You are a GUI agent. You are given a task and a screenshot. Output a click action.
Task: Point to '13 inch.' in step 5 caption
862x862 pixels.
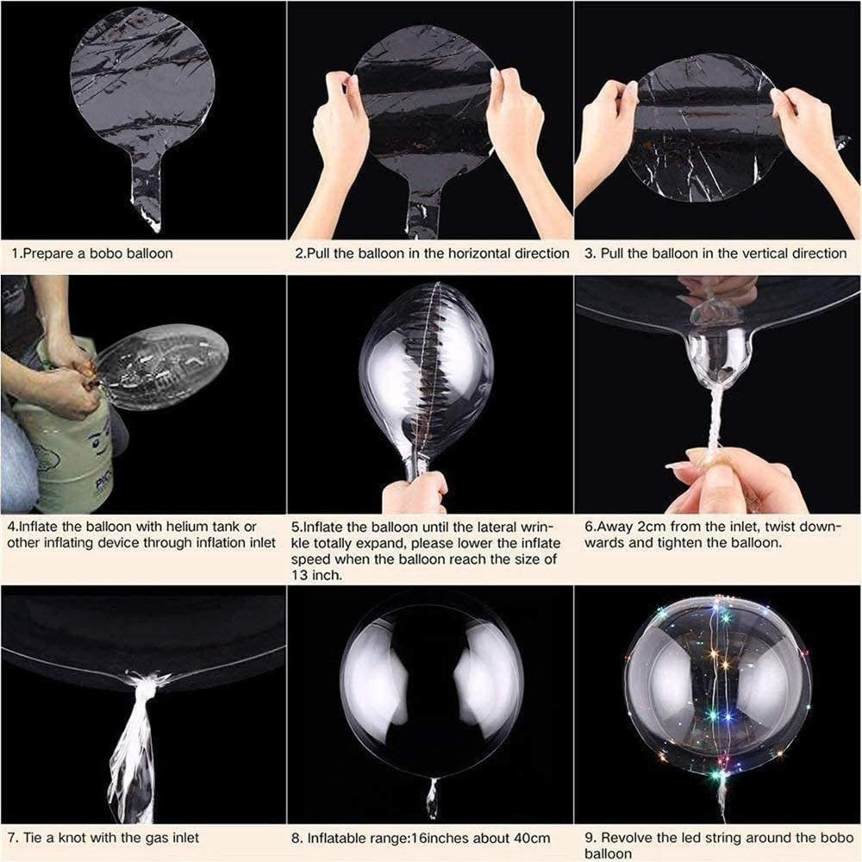coord(318,575)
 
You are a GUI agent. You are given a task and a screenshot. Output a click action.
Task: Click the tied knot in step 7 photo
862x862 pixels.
coord(147,685)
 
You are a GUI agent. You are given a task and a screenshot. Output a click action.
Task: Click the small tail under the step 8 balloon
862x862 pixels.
coord(431,797)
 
